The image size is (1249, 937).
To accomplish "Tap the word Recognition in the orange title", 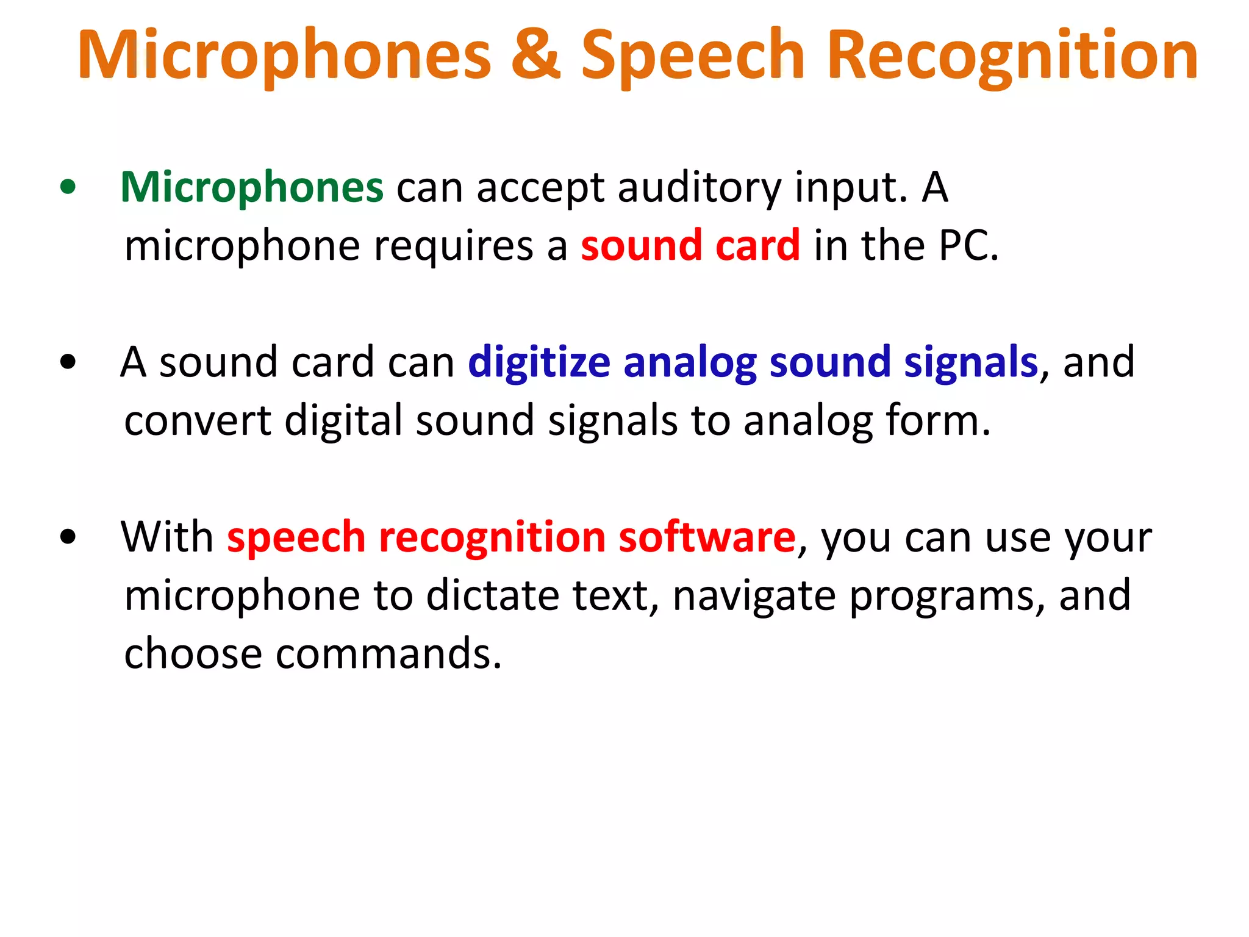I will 1012,56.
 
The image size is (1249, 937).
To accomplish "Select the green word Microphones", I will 252,187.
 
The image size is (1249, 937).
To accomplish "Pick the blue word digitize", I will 539,362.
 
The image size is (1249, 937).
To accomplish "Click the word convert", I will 198,421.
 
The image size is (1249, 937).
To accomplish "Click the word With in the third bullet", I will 166,537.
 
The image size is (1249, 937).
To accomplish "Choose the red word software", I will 707,537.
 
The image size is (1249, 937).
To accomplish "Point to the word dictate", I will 492,595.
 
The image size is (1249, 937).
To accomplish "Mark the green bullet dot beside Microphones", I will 68,187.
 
